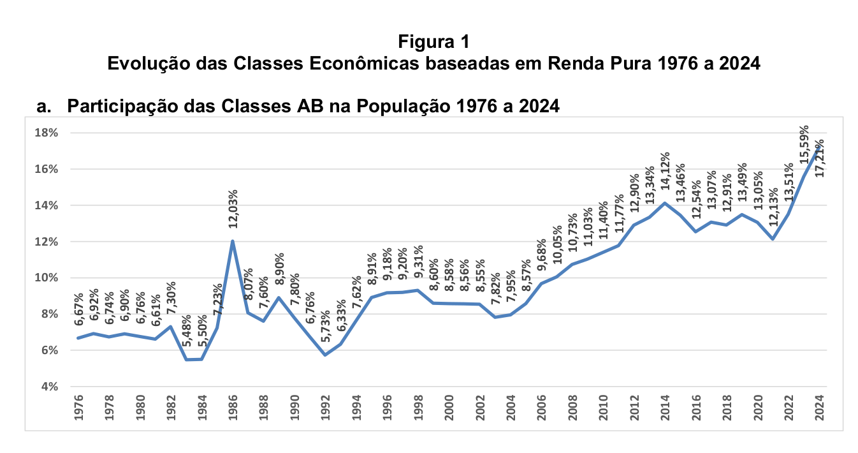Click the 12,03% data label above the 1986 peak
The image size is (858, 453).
pyautogui.click(x=233, y=208)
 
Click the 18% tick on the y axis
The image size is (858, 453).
pyautogui.click(x=48, y=133)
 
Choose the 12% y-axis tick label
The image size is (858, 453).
pyautogui.click(x=48, y=242)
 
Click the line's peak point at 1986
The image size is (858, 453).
pyautogui.click(x=233, y=241)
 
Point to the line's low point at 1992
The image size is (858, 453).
pyautogui.click(x=325, y=355)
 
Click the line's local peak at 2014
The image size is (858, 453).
pyautogui.click(x=665, y=203)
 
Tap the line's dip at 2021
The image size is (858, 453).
pyautogui.click(x=773, y=239)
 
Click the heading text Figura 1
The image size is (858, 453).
pyautogui.click(x=433, y=42)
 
